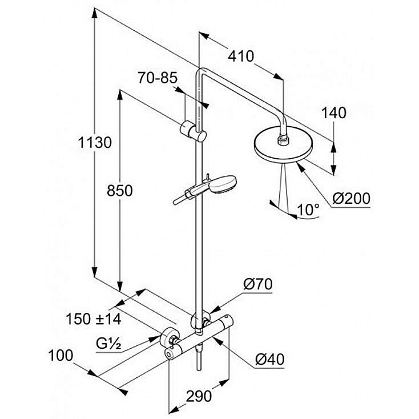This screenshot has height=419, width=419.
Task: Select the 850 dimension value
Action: point(120,190)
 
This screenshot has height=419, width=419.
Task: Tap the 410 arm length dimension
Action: point(240,57)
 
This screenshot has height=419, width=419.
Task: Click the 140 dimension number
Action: point(333,113)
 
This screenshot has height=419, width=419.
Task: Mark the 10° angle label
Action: point(308,210)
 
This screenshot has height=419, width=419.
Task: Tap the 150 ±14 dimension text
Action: point(94,318)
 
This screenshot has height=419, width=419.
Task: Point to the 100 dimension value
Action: point(61,356)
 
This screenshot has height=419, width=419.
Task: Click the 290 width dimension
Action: point(199,396)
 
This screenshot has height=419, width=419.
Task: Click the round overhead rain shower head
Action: point(283,146)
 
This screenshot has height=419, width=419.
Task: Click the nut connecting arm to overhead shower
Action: point(283,136)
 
